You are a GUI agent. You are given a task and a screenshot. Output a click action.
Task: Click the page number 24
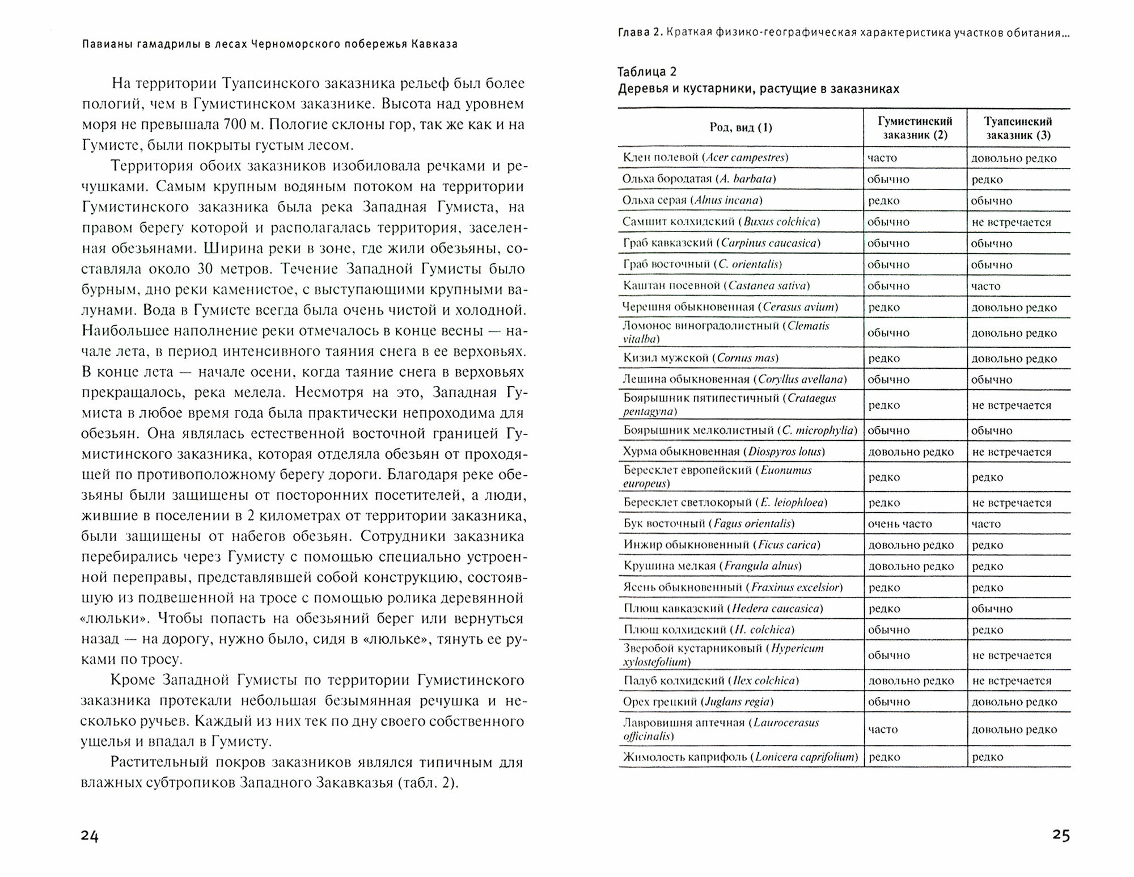90,836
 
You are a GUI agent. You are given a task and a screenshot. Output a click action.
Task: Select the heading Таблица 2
647,71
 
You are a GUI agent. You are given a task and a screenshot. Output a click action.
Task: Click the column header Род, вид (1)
741,128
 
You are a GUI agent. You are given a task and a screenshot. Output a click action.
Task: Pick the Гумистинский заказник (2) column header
915,128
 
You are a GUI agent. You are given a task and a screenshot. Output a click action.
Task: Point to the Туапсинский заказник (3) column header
1018,128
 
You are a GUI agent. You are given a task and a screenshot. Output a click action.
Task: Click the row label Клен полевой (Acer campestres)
705,158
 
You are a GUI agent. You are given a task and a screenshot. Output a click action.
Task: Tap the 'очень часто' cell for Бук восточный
900,524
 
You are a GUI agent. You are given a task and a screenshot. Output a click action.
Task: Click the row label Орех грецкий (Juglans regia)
699,702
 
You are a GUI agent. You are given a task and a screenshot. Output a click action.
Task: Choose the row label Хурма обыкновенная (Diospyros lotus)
724,452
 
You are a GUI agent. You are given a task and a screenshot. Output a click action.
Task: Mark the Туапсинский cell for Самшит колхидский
1011,222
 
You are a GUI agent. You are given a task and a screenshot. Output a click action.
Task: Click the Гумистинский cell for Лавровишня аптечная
883,729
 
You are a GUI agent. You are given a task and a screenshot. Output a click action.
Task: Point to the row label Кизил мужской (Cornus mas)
701,358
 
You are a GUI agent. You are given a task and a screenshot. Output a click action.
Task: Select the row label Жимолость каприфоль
740,757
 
